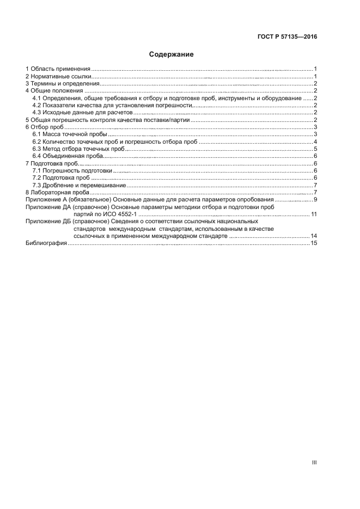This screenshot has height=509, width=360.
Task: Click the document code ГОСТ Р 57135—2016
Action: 287,37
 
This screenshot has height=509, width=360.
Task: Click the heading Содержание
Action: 172,54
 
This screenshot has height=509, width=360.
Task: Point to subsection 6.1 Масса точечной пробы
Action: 70,134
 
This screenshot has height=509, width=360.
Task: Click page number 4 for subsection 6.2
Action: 315,142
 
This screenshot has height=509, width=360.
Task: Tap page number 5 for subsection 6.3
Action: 315,149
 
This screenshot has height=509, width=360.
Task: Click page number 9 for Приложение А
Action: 315,200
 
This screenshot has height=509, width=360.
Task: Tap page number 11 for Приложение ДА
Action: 314,214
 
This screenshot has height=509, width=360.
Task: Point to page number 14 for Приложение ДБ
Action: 314,236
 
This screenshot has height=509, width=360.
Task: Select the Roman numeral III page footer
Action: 314,462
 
